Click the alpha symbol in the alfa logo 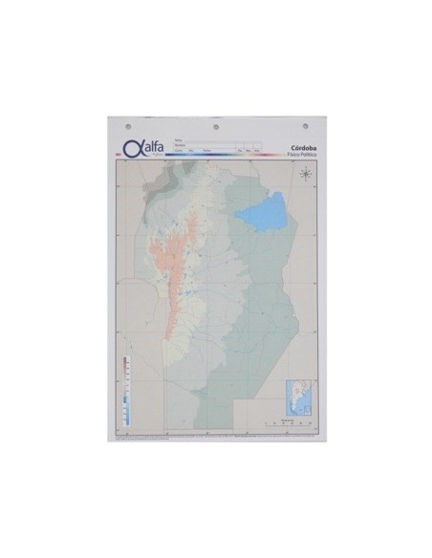pyautogui.click(x=131, y=147)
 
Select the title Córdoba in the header pyautogui.click(x=302, y=146)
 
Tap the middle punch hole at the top pyautogui.click(x=216, y=125)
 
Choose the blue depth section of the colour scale pyautogui.click(x=125, y=411)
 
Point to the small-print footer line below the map pyautogui.click(x=216, y=437)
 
